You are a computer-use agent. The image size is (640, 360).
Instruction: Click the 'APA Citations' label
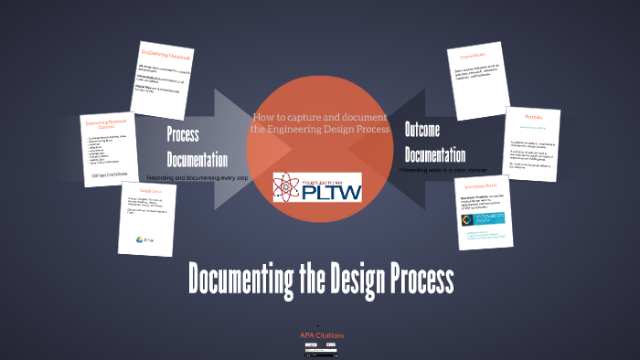point(322,335)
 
